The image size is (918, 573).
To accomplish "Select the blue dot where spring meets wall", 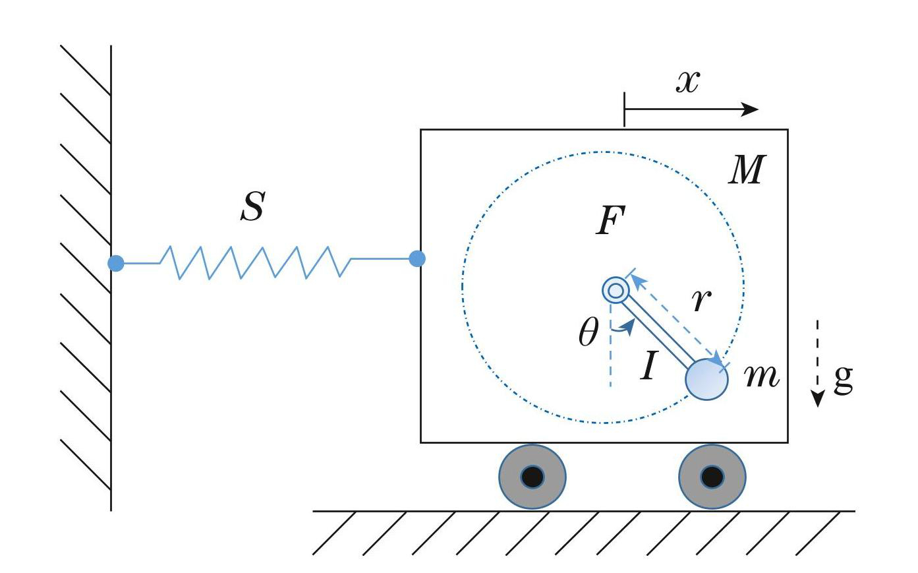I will coord(116,263).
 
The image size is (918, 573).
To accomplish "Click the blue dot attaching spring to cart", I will coord(417,258).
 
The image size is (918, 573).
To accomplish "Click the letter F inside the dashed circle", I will coord(610,220).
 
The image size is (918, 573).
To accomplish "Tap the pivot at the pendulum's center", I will coord(616,289).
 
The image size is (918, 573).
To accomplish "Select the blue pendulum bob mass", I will coord(706,379).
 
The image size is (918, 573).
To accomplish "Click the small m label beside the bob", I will coord(761,376).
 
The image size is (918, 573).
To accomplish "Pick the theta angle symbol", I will coord(588,333).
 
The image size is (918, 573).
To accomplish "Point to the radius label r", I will coord(701,300).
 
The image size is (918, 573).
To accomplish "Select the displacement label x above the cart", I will coord(687,82).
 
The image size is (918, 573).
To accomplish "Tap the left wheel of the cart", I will coord(532,476).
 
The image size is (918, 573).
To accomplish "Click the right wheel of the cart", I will coord(712,476).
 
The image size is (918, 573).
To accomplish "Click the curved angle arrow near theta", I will coord(624,325).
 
